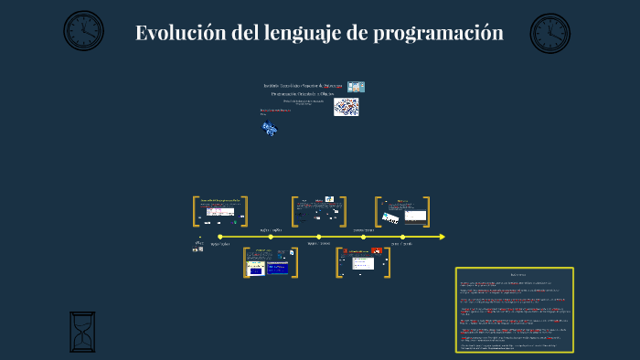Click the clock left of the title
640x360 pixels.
click(x=83, y=31)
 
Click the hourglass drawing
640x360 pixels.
click(x=82, y=331)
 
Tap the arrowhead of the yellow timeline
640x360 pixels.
click(x=443, y=237)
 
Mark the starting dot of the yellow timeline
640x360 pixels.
click(x=219, y=237)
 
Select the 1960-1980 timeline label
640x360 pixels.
click(x=272, y=230)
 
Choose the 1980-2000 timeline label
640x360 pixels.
click(x=318, y=245)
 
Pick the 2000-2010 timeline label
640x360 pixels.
click(x=364, y=230)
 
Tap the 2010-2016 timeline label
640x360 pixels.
click(x=401, y=245)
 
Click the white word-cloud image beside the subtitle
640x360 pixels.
click(x=346, y=107)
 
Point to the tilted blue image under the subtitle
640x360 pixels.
click(x=270, y=129)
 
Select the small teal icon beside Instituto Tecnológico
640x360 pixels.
click(x=356, y=86)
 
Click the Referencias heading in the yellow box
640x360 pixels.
click(x=514, y=274)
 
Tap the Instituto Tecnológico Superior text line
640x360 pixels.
click(x=303, y=86)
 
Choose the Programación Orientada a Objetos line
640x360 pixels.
click(x=303, y=93)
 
